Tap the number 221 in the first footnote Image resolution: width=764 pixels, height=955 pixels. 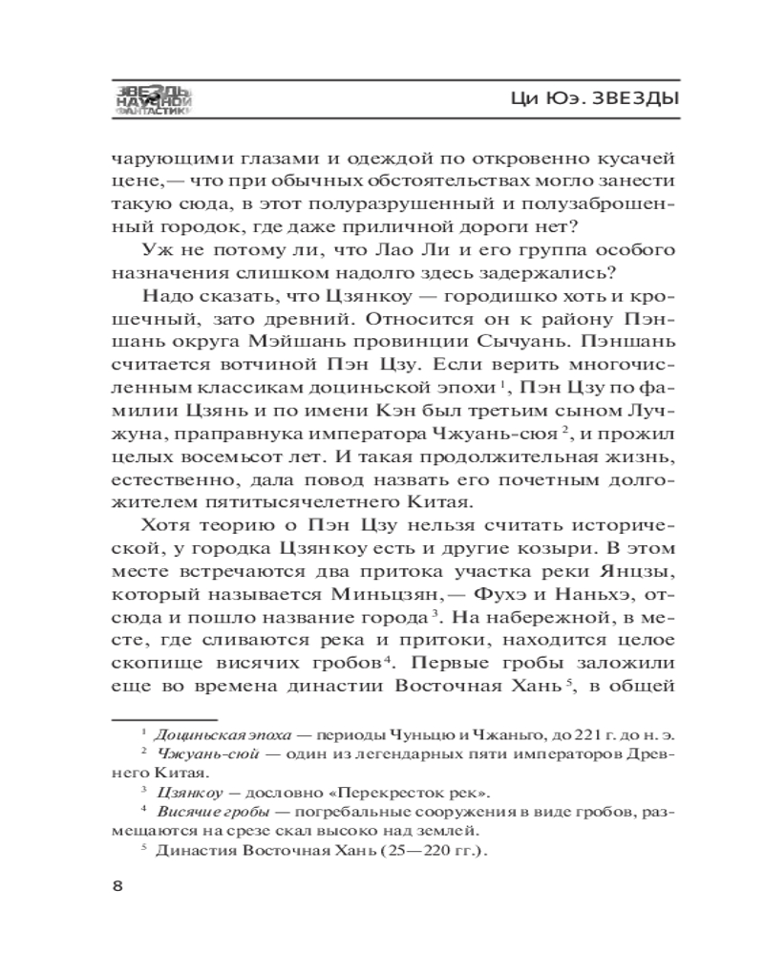pyautogui.click(x=541, y=734)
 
